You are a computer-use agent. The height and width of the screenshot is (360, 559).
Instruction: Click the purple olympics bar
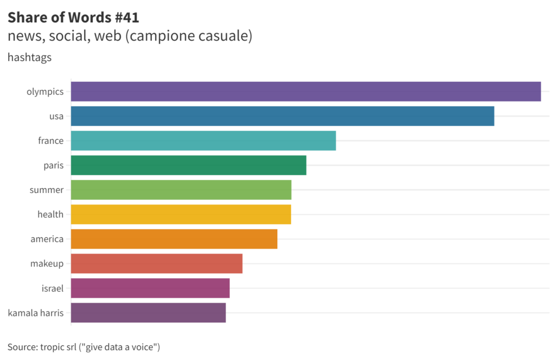pos(306,92)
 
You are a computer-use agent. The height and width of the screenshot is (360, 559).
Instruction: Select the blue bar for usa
pos(282,116)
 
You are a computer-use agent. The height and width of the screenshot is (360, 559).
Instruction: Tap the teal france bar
pos(203,141)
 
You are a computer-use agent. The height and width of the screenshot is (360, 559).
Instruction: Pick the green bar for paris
pos(188,165)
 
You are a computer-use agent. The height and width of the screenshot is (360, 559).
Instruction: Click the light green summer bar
pos(181,190)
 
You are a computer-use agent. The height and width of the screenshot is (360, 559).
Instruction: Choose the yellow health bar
pos(181,214)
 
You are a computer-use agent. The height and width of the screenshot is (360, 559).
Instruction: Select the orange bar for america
pos(174,239)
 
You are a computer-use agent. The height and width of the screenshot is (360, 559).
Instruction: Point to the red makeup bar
pos(157,263)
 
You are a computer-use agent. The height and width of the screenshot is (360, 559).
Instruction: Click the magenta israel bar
pos(150,288)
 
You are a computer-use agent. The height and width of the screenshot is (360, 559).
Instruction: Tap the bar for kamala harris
pos(148,313)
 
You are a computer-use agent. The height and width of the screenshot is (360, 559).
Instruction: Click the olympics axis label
pos(45,92)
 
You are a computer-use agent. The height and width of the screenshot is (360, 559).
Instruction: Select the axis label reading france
pos(51,141)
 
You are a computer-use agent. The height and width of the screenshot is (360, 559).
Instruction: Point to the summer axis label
pos(46,190)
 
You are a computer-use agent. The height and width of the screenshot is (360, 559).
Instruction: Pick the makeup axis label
pos(47,263)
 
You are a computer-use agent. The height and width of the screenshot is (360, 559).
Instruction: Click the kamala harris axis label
pos(35,313)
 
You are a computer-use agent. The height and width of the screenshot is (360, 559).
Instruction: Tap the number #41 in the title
pos(127,17)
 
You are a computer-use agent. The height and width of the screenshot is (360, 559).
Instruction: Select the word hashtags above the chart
pos(29,57)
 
